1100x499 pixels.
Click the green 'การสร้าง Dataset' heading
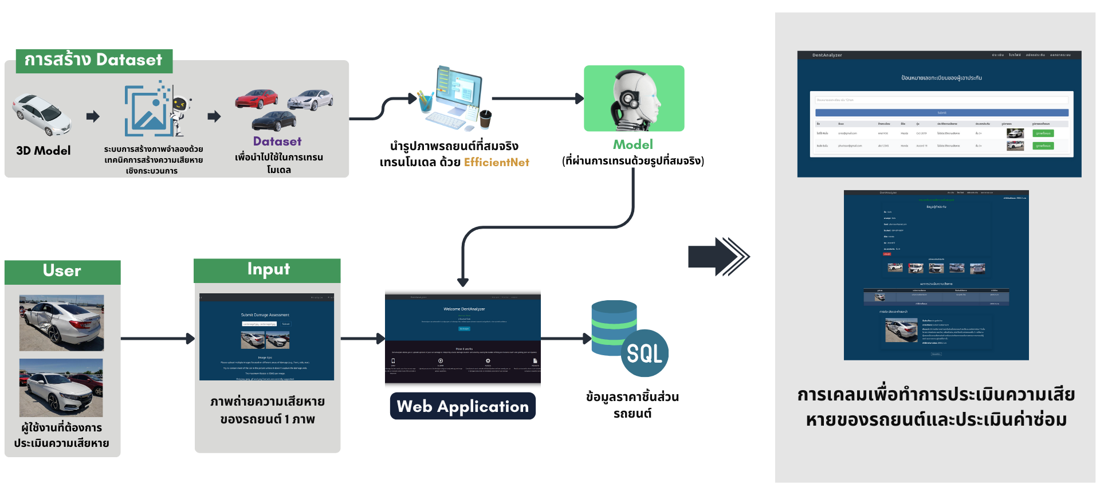[x=93, y=60]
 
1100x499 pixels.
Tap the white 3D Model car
[x=42, y=114]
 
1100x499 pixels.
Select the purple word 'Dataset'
[x=277, y=142]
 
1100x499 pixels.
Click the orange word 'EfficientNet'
[x=496, y=163]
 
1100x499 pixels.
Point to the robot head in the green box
[x=634, y=99]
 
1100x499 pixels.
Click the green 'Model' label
[x=633, y=144]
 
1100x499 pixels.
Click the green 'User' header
[x=62, y=271]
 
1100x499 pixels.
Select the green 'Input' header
[x=268, y=269]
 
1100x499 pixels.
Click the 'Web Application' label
[x=463, y=406]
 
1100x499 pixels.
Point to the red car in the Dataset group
[x=257, y=99]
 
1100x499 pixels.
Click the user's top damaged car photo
[x=62, y=323]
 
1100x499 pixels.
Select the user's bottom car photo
[x=61, y=388]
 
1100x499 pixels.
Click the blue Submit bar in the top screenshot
[x=941, y=113]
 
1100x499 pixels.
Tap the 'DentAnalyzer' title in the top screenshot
[x=827, y=56]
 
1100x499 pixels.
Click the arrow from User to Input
[x=158, y=339]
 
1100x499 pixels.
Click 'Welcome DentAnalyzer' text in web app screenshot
[x=464, y=309]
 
